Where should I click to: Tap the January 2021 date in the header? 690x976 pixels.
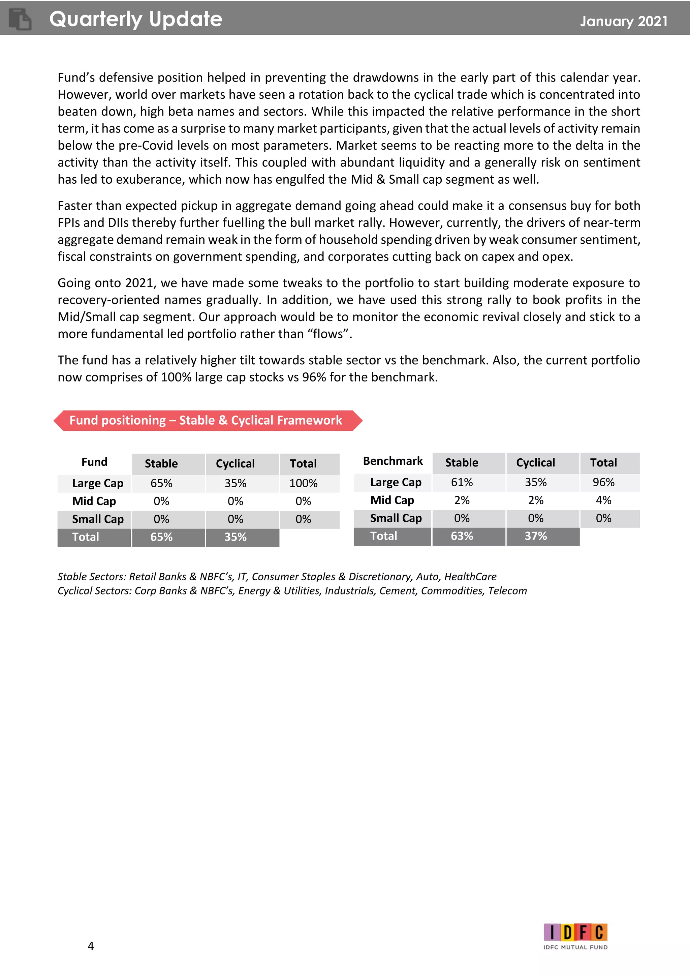click(623, 21)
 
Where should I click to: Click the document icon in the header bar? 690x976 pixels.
click(20, 20)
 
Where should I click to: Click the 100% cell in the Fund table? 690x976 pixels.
click(303, 483)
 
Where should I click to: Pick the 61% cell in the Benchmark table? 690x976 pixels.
click(462, 483)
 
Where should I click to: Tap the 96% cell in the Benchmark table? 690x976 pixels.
click(603, 483)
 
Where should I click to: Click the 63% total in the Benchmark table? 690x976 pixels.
click(462, 536)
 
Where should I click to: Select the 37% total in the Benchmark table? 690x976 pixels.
click(535, 536)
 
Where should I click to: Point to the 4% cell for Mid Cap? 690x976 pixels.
click(603, 500)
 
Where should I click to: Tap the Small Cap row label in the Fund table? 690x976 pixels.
click(98, 519)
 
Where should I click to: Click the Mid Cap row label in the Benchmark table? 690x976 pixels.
click(392, 500)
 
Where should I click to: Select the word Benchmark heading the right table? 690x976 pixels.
click(393, 461)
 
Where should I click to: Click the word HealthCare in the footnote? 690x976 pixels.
click(470, 577)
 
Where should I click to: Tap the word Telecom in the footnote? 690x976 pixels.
click(507, 591)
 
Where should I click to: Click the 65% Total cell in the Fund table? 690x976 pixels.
click(161, 537)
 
